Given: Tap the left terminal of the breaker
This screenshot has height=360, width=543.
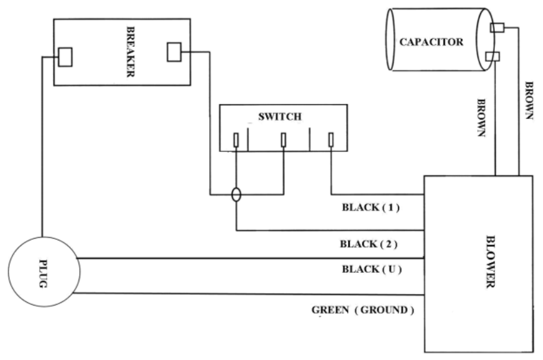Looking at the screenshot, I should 65,57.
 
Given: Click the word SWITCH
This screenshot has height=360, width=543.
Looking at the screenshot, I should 271,118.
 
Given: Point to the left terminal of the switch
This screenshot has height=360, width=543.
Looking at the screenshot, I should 236,140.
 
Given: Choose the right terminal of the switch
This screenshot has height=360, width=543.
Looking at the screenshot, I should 331,140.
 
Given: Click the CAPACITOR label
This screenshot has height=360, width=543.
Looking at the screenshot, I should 431,42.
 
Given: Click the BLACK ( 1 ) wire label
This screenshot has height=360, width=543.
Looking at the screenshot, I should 369,209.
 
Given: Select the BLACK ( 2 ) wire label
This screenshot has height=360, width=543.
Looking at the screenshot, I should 369,244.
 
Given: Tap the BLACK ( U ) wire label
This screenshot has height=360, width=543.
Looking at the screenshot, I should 370,268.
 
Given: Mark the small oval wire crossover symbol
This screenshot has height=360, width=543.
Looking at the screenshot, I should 236,194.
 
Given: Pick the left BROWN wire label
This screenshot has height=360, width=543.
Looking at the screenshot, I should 483,118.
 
